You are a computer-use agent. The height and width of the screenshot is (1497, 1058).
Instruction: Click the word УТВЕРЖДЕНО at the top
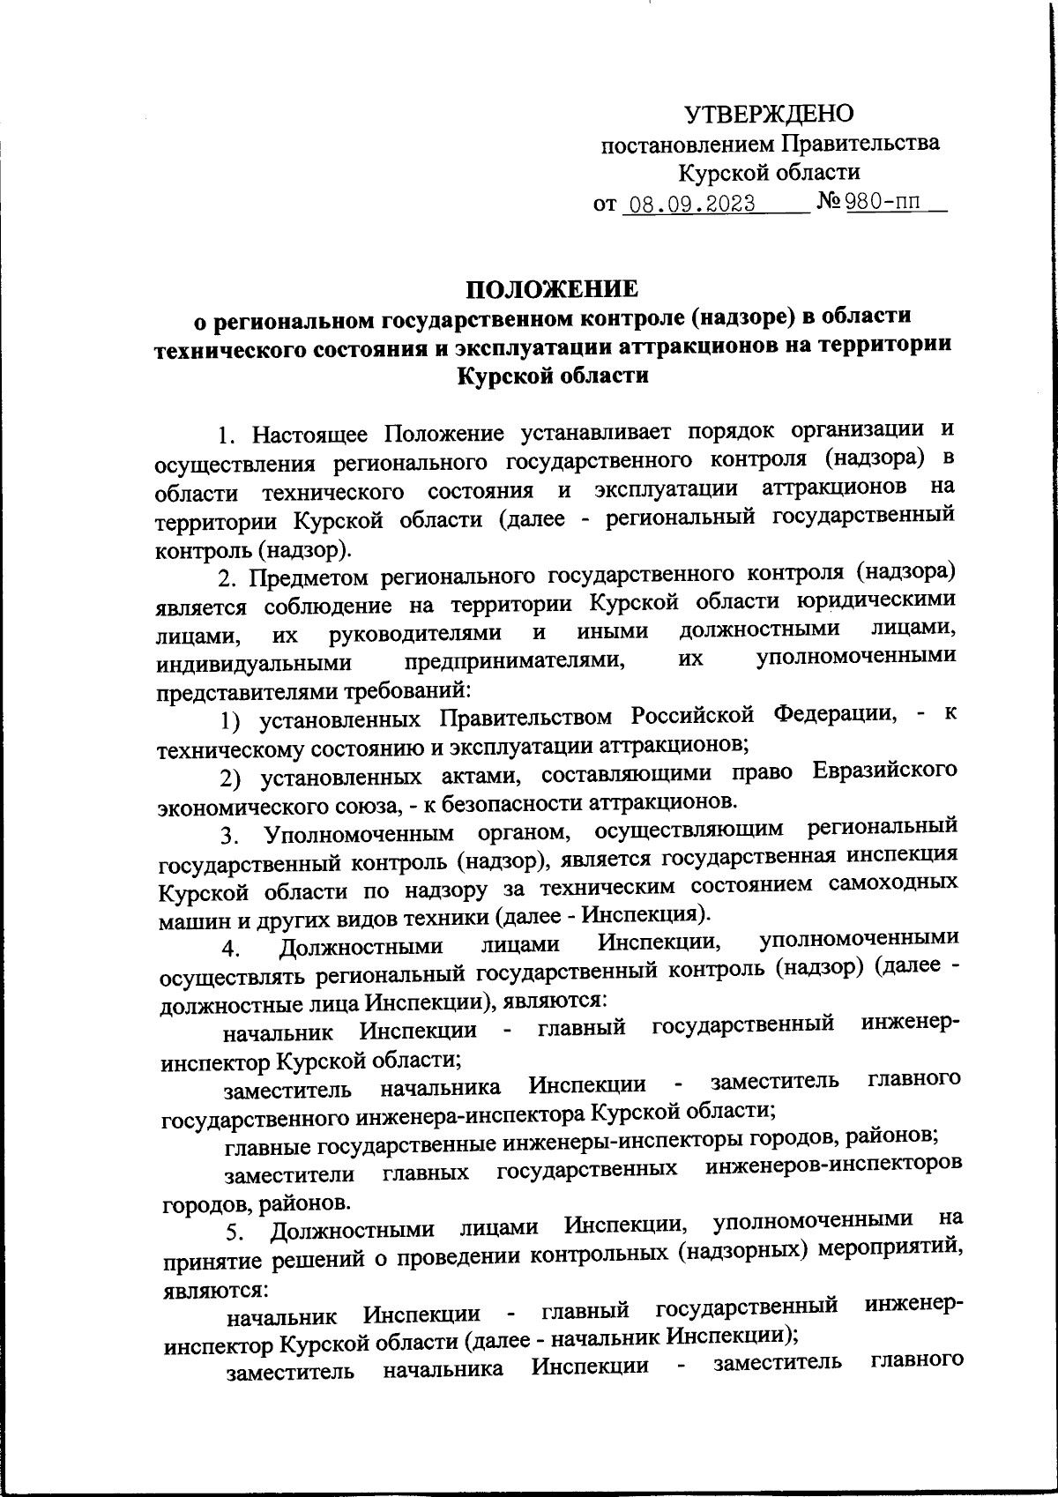[x=769, y=113]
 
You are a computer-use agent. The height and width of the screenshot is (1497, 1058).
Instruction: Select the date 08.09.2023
[x=688, y=205]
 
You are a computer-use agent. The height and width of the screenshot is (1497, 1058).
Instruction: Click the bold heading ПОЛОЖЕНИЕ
[x=552, y=288]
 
